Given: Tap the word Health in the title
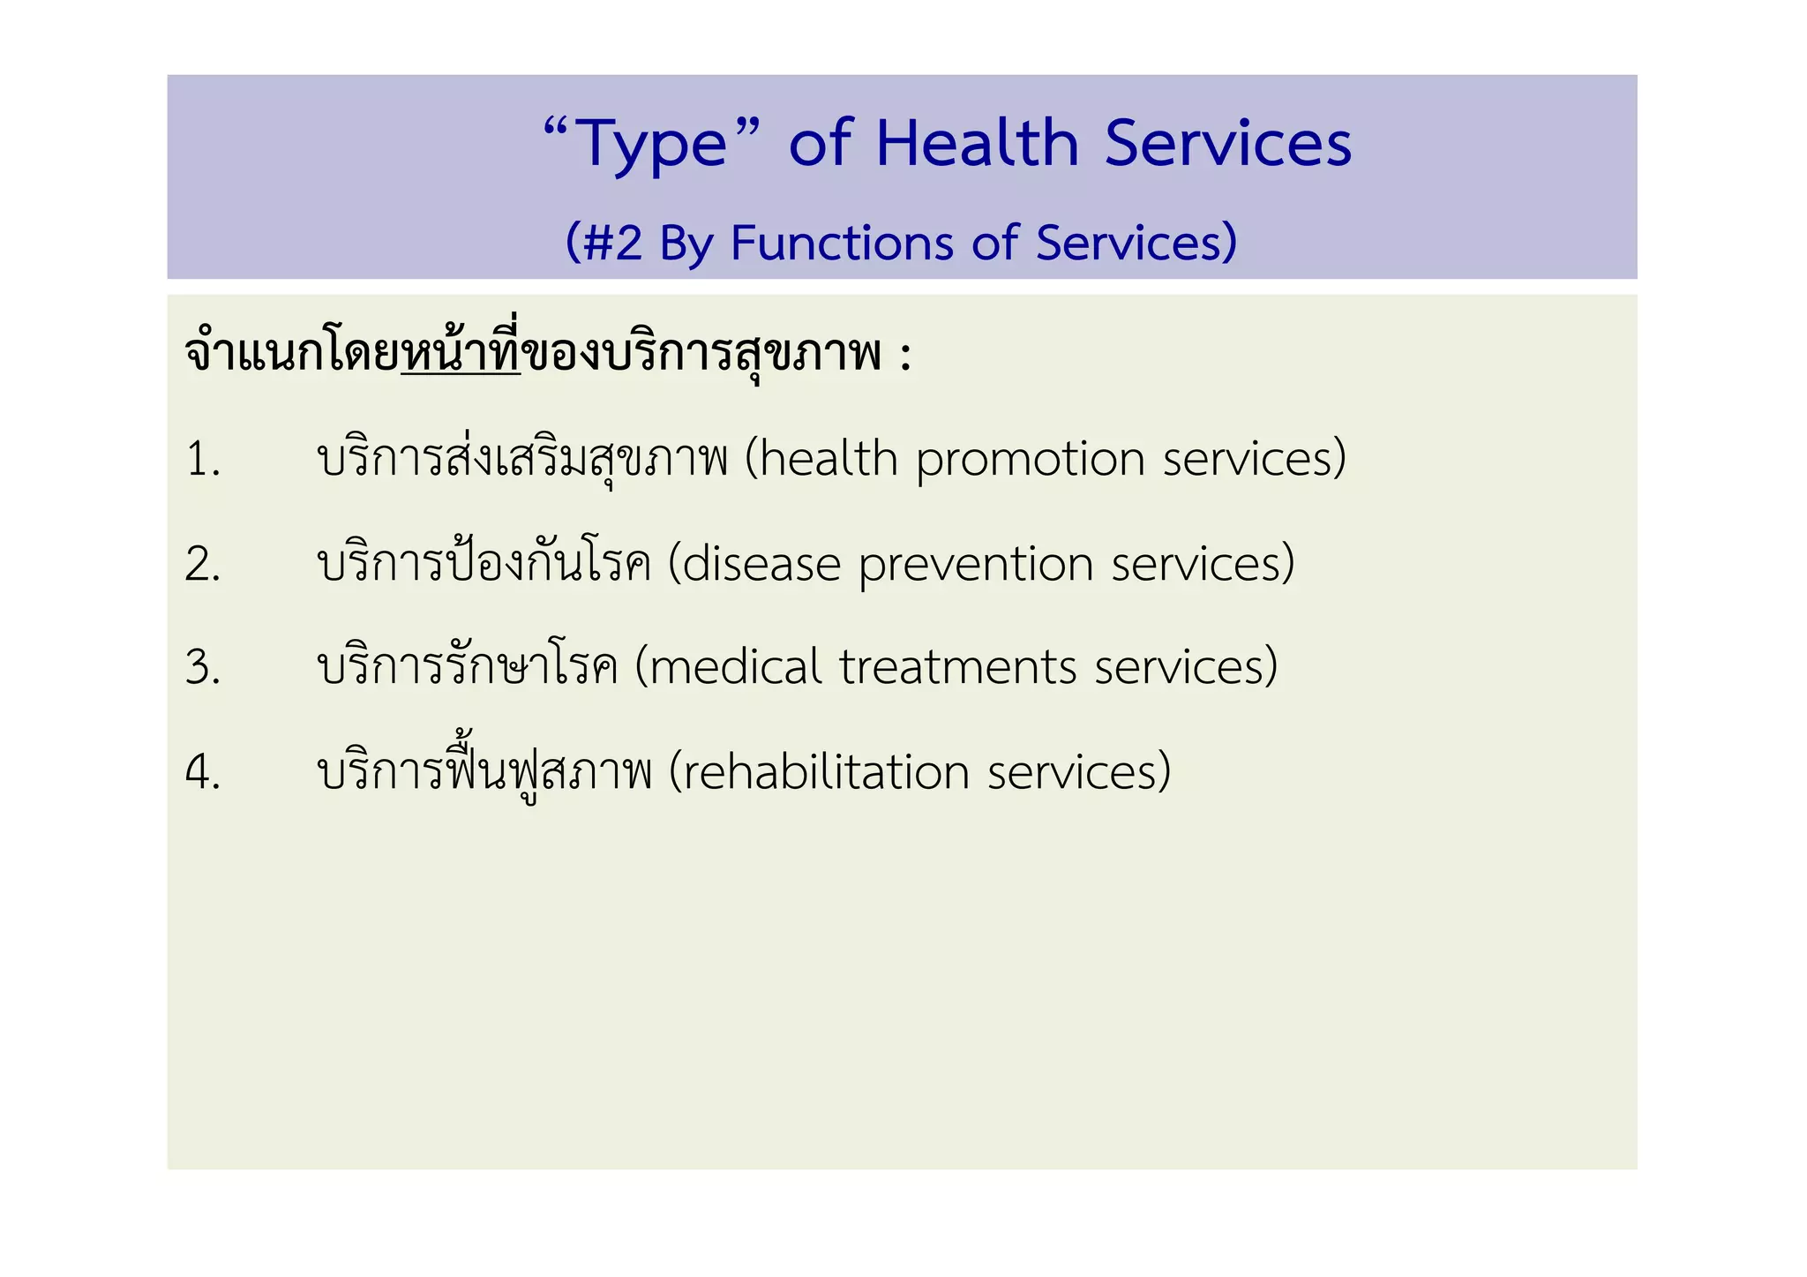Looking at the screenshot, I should (977, 143).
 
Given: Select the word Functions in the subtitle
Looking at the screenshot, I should (842, 243).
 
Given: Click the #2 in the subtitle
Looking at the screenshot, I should (613, 243).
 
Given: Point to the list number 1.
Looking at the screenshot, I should (202, 460).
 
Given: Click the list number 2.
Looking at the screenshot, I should (202, 564).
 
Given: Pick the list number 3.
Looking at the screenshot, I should (202, 667).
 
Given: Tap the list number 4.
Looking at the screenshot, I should (202, 772).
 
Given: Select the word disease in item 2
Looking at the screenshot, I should (761, 565).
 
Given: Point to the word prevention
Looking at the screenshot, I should (976, 565).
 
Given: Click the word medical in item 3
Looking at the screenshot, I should (736, 667).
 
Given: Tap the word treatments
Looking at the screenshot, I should (958, 667).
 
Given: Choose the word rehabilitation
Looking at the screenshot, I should (827, 772).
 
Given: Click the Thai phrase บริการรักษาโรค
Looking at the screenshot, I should (468, 667).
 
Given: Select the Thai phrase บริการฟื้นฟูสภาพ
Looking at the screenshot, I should (484, 772).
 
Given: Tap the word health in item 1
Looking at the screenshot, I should (829, 460).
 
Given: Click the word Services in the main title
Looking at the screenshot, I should (1227, 143).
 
